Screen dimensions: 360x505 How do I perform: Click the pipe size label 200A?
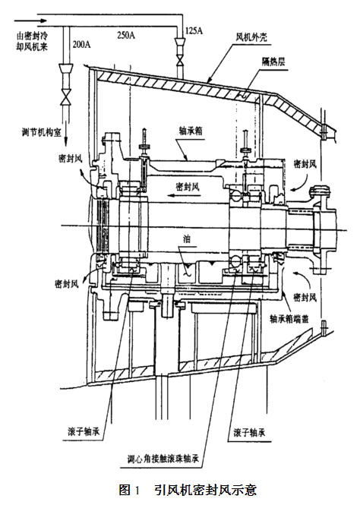pyautogui.click(x=81, y=44)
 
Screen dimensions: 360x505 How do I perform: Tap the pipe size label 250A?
pyautogui.click(x=126, y=35)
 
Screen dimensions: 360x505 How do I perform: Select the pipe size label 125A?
pyautogui.click(x=194, y=31)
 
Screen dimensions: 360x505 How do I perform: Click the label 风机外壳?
pyautogui.click(x=251, y=37)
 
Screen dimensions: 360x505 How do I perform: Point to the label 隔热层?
pyautogui.click(x=273, y=62)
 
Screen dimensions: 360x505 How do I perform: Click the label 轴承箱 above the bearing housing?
pyautogui.click(x=191, y=131)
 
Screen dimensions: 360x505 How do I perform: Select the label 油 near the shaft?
pyautogui.click(x=186, y=239)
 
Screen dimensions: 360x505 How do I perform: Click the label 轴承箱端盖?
pyautogui.click(x=289, y=318)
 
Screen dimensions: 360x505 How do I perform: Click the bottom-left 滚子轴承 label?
pyautogui.click(x=84, y=431)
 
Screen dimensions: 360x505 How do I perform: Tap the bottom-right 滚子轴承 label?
pyautogui.click(x=250, y=432)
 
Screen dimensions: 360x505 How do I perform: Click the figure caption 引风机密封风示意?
pyautogui.click(x=205, y=490)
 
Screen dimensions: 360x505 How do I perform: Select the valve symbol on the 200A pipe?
pyautogui.click(x=66, y=98)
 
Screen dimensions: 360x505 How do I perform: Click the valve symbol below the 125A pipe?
pyautogui.click(x=180, y=59)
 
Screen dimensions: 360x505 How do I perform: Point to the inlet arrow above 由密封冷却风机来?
pyautogui.click(x=30, y=21)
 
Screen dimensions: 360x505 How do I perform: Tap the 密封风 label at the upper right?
pyautogui.click(x=305, y=164)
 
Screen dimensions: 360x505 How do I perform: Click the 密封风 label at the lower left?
pyautogui.click(x=67, y=284)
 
